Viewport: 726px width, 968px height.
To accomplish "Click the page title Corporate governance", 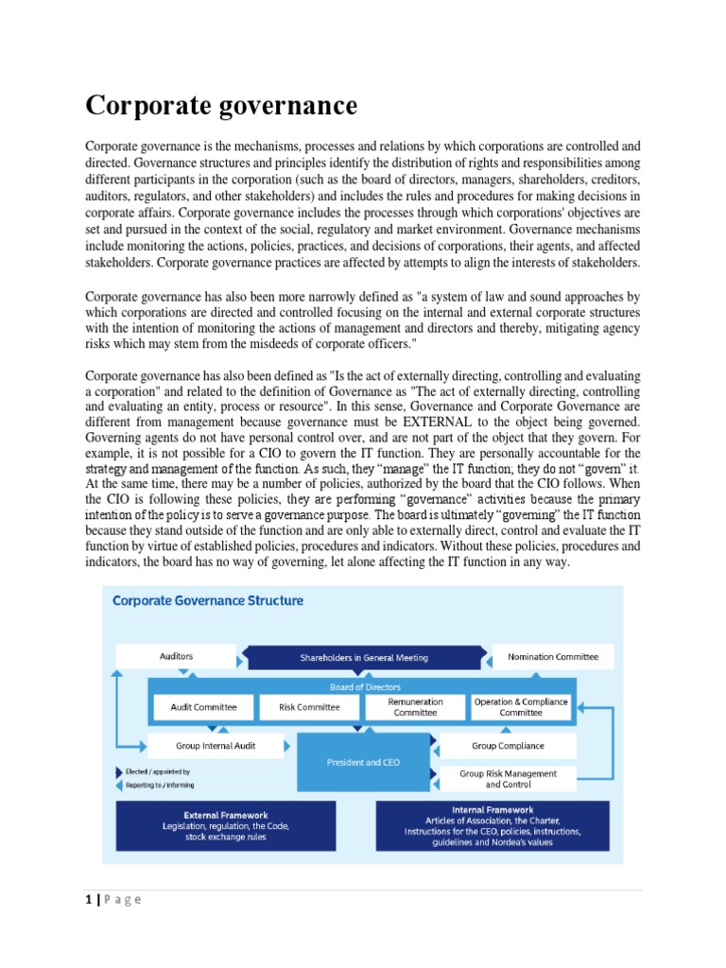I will point(221,105).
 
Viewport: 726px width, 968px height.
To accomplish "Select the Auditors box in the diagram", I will point(176,656).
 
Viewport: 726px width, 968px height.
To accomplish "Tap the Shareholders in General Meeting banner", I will point(364,657).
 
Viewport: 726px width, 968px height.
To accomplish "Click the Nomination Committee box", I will point(552,656).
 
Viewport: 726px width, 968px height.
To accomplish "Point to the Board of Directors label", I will point(365,687).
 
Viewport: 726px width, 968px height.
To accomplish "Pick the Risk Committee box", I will point(309,707).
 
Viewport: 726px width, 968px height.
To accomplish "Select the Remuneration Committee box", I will point(415,707).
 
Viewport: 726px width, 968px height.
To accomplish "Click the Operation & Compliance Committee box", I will point(521,707).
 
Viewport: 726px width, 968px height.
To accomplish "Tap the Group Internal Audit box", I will point(202,745).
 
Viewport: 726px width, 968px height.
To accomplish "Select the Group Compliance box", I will point(508,745).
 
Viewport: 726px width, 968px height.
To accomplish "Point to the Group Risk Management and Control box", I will point(508,778).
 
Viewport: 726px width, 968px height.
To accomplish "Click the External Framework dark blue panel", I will point(225,825).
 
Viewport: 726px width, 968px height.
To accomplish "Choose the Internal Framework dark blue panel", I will point(492,825).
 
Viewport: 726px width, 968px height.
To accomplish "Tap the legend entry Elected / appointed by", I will point(157,771).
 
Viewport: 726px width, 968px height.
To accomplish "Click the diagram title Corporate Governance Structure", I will point(208,600).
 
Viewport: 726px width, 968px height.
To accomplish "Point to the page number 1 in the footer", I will point(89,899).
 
